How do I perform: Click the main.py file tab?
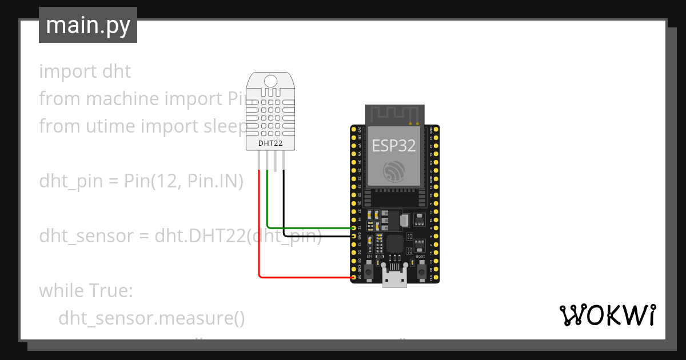[x=88, y=25]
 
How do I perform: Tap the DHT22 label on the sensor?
[x=271, y=143]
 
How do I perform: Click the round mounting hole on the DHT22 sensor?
[x=271, y=82]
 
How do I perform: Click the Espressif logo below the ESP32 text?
[x=394, y=171]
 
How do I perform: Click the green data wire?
[x=309, y=228]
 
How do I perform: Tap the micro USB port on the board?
[x=394, y=279]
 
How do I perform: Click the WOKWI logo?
[x=607, y=315]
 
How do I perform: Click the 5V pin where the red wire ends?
[x=354, y=277]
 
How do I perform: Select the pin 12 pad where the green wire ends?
[x=354, y=228]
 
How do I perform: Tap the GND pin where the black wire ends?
[x=354, y=236]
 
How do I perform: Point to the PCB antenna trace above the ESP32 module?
[x=394, y=114]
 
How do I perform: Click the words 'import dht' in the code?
[x=85, y=71]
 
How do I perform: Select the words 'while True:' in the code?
[x=86, y=291]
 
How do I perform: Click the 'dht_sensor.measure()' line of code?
[x=151, y=318]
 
